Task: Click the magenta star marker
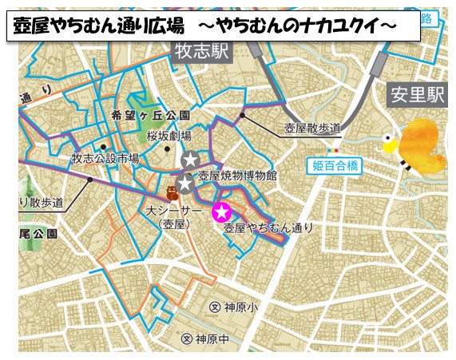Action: tap(221, 212)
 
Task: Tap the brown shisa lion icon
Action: tap(172, 192)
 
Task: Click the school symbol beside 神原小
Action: tap(214, 307)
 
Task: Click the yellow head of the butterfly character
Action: tap(391, 144)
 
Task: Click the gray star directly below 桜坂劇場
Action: tap(190, 160)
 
